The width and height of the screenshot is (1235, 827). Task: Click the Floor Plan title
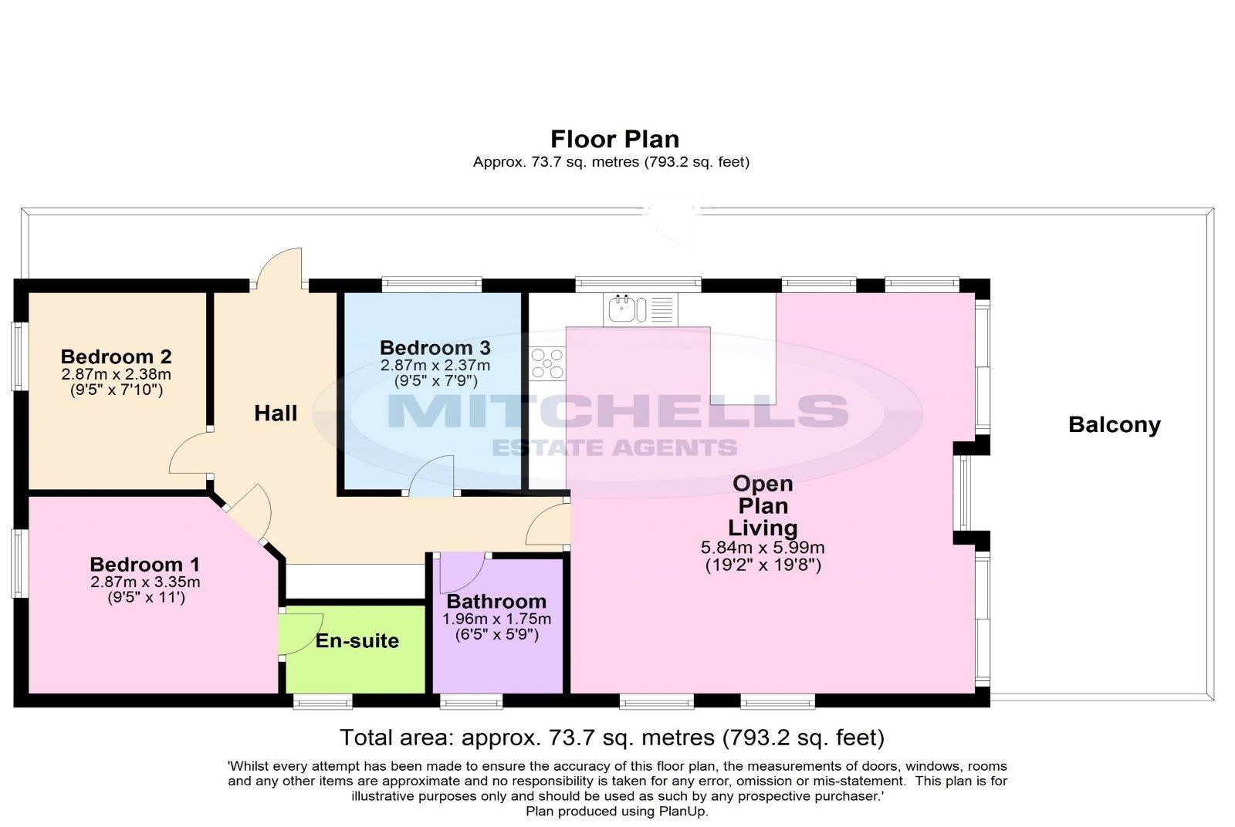pyautogui.click(x=614, y=140)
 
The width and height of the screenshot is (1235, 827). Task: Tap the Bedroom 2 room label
pyautogui.click(x=117, y=356)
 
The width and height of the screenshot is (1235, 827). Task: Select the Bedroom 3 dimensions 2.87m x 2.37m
pyautogui.click(x=435, y=366)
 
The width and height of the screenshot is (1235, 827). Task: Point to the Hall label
pyautogui.click(x=276, y=413)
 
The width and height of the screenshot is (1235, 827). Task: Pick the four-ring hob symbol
pyautogui.click(x=547, y=363)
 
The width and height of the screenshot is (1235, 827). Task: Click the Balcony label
pyautogui.click(x=1115, y=425)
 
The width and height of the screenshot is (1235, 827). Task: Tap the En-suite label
pyautogui.click(x=357, y=641)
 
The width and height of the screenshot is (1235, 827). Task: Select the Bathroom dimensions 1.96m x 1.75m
pyautogui.click(x=497, y=619)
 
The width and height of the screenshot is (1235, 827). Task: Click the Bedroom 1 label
pyautogui.click(x=145, y=564)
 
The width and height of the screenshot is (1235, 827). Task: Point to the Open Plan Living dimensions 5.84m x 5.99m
pyautogui.click(x=763, y=548)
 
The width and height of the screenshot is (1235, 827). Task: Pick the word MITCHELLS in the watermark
pyautogui.click(x=618, y=411)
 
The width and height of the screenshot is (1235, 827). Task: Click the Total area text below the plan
pyautogui.click(x=612, y=738)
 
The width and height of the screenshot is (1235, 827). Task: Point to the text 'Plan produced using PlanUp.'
pyautogui.click(x=617, y=811)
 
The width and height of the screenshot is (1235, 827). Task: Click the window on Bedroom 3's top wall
pyautogui.click(x=431, y=285)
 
